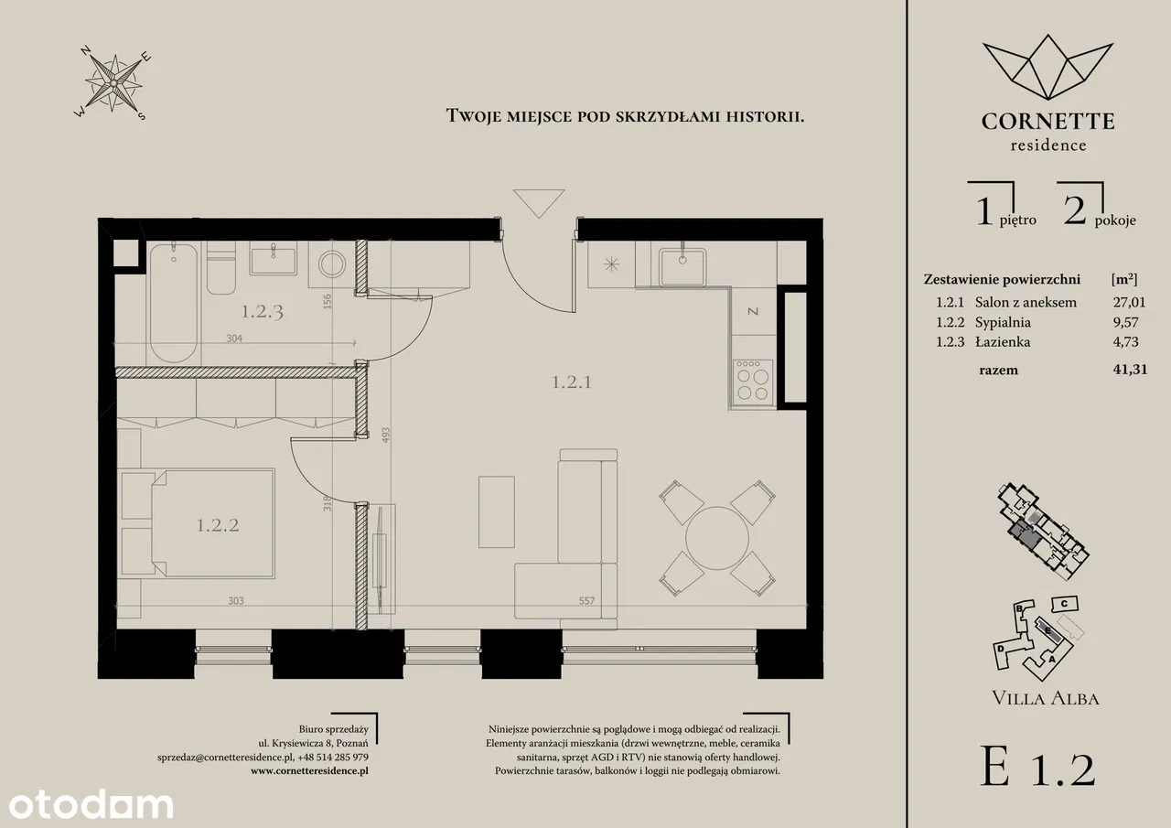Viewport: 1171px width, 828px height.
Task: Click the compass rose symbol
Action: pyautogui.click(x=113, y=83)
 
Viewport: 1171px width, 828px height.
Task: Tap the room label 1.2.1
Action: pyautogui.click(x=572, y=382)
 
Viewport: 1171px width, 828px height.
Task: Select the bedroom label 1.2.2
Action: pyautogui.click(x=218, y=525)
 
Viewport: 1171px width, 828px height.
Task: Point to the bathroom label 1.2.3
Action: pyautogui.click(x=263, y=312)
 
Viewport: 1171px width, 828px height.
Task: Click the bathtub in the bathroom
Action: pyautogui.click(x=174, y=303)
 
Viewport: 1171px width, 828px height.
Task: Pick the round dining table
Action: pyautogui.click(x=717, y=538)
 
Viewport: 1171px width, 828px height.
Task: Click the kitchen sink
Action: pyautogui.click(x=682, y=266)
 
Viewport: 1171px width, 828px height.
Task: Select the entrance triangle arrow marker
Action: pyautogui.click(x=539, y=203)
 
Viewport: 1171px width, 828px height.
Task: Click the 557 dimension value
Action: pyautogui.click(x=586, y=601)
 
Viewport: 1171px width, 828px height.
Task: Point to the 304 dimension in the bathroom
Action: pyautogui.click(x=234, y=339)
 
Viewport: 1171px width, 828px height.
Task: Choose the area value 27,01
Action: pyautogui.click(x=1129, y=302)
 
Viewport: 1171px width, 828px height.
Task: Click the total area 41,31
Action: pyautogui.click(x=1130, y=370)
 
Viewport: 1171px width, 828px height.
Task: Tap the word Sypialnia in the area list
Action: pyautogui.click(x=1003, y=322)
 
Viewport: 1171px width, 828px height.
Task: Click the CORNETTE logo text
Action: pyautogui.click(x=1047, y=122)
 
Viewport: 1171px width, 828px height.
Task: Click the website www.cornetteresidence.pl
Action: pyautogui.click(x=309, y=770)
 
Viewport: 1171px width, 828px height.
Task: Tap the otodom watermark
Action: pyautogui.click(x=91, y=804)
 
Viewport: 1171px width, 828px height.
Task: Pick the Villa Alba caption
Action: pyautogui.click(x=1046, y=698)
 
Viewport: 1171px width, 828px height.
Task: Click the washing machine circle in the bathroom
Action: pyautogui.click(x=332, y=264)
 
